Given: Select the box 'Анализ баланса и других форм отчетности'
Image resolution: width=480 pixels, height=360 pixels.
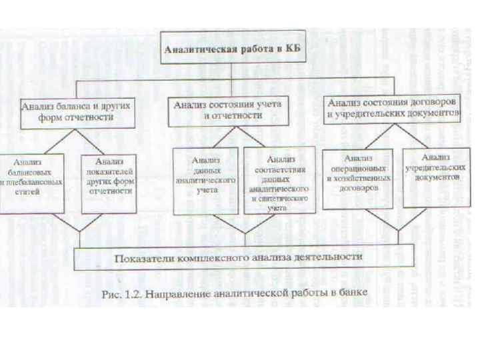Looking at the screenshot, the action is [x=76, y=111].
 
